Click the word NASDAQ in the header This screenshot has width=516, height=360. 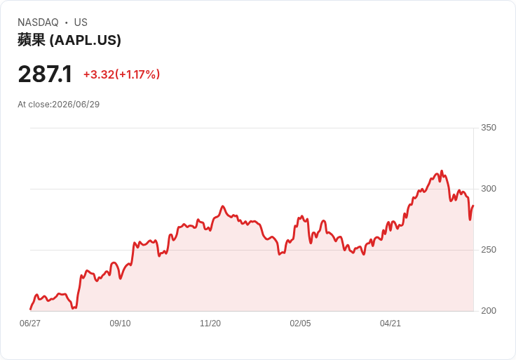[x=38, y=22]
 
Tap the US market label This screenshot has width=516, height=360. [x=81, y=22]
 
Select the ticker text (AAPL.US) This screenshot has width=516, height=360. [x=86, y=40]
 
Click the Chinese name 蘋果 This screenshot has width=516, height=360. [x=32, y=40]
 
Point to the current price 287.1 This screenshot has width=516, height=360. [x=45, y=74]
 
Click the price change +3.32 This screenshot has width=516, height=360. [x=99, y=74]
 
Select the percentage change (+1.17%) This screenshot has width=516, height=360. [x=137, y=74]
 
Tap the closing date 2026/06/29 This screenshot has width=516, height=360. [x=76, y=105]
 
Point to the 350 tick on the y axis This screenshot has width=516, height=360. [x=489, y=128]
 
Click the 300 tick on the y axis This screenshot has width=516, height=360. [x=489, y=189]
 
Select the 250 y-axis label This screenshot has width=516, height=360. [x=489, y=250]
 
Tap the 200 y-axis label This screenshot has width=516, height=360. [x=489, y=311]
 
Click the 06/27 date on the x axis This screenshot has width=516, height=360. [x=30, y=324]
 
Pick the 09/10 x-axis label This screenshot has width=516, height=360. [x=120, y=324]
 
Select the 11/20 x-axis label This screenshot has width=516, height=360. [x=210, y=324]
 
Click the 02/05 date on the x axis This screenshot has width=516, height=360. [x=300, y=324]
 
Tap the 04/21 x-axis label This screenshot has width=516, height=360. [x=391, y=324]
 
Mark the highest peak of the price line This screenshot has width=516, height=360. [x=442, y=171]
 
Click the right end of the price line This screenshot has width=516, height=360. [x=473, y=206]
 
